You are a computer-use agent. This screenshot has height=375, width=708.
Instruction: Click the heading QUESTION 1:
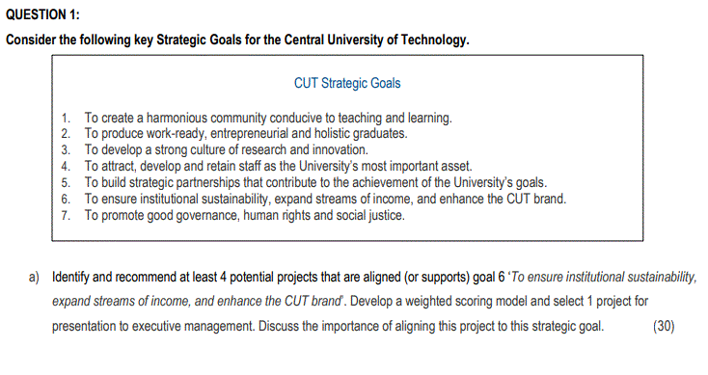43,14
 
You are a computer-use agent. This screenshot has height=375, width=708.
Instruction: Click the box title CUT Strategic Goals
347,84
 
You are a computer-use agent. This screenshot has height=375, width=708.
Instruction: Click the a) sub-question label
34,277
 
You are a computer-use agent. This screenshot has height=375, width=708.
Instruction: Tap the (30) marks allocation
664,325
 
